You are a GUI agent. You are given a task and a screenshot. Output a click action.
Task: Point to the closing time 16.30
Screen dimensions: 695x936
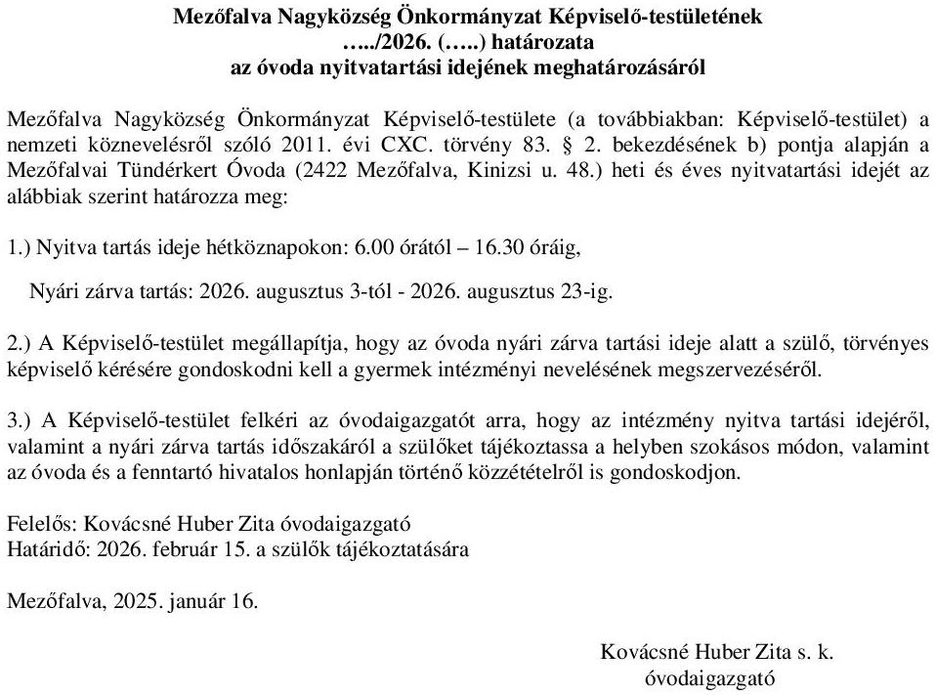click(494, 248)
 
